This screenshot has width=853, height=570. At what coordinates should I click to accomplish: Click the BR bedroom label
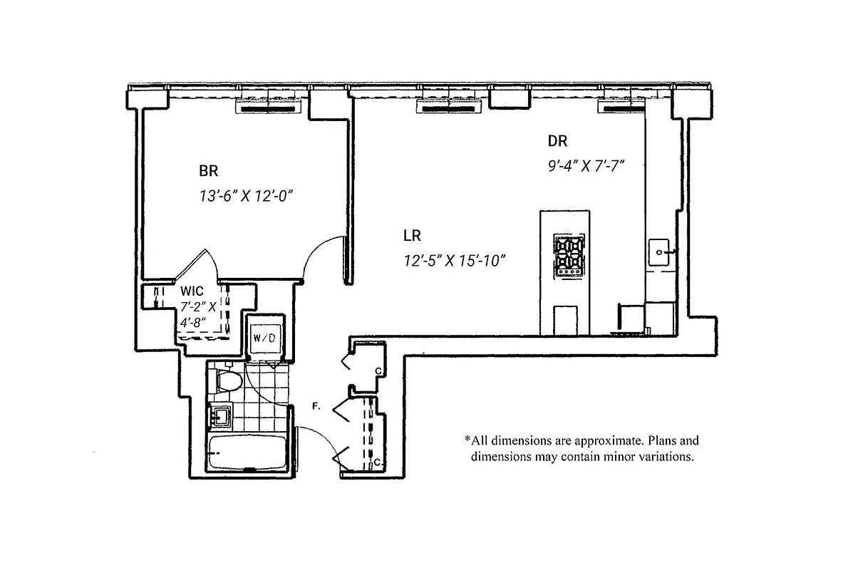[x=208, y=171]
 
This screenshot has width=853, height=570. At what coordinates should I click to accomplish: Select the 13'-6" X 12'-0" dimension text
[x=247, y=195]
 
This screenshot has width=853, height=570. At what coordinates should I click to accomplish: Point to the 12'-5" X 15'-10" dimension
[x=453, y=260]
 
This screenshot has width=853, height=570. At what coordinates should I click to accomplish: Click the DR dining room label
[x=557, y=141]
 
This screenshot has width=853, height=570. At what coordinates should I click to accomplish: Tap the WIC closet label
[x=192, y=291]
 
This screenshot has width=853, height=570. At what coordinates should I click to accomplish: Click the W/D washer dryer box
[x=264, y=337]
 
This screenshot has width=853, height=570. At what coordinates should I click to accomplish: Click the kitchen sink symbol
[x=660, y=252]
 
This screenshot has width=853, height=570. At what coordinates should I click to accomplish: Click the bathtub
[x=247, y=452]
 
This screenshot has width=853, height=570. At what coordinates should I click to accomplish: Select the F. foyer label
[x=316, y=407]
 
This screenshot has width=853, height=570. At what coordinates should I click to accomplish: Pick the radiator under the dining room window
[x=620, y=108]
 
